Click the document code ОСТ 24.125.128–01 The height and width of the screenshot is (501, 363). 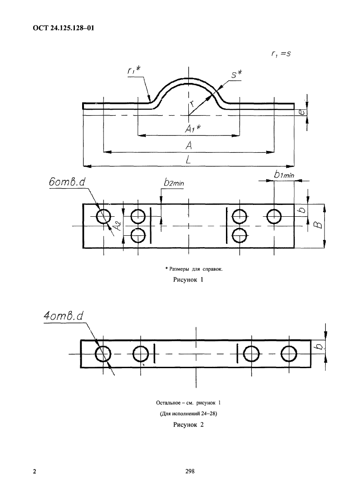click(64, 28)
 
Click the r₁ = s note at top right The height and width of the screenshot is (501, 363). click(281, 54)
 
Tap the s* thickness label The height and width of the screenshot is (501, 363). click(237, 74)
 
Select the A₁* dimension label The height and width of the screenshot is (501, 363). click(193, 128)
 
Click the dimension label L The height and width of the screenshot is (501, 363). click(188, 160)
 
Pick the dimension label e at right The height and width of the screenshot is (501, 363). click(302, 112)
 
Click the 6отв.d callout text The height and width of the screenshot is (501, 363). click(67, 182)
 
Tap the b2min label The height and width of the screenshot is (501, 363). click(174, 182)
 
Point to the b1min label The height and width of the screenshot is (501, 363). click(284, 175)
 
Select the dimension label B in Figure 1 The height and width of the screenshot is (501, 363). click(318, 225)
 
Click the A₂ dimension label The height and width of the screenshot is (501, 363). click(118, 226)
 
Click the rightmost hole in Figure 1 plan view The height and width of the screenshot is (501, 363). click(274, 217)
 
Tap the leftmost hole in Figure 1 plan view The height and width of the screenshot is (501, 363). click(103, 217)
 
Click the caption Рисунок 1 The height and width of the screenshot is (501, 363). click(188, 280)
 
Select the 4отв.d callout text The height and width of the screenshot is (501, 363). click(64, 316)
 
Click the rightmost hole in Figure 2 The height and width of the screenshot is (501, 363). click(289, 354)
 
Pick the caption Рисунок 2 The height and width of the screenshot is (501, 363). click(188, 425)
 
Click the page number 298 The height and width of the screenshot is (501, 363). click(190, 471)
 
